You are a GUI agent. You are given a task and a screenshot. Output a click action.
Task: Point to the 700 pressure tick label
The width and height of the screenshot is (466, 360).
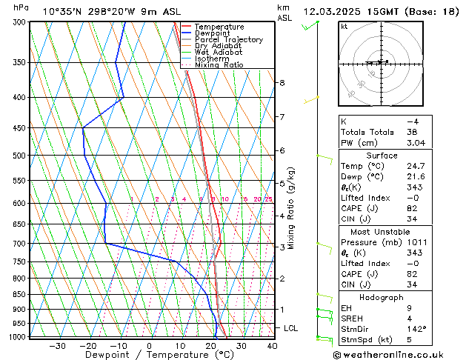tap(20, 244)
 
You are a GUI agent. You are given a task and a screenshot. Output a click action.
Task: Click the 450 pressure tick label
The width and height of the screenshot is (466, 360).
tap(20, 128)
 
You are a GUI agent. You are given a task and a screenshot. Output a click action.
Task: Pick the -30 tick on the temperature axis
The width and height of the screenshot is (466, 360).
tap(57, 346)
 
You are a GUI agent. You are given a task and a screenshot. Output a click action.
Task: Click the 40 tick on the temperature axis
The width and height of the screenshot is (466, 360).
tap(272, 346)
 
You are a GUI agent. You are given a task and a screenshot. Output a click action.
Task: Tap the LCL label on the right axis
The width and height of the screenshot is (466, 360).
tap(291, 328)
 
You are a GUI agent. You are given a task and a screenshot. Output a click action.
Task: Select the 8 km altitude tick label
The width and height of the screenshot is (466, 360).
tap(282, 83)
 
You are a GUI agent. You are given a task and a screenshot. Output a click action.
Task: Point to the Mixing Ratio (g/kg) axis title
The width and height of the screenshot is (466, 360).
tap(291, 208)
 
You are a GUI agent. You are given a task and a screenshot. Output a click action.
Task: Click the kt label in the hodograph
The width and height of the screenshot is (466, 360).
tap(344, 27)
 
